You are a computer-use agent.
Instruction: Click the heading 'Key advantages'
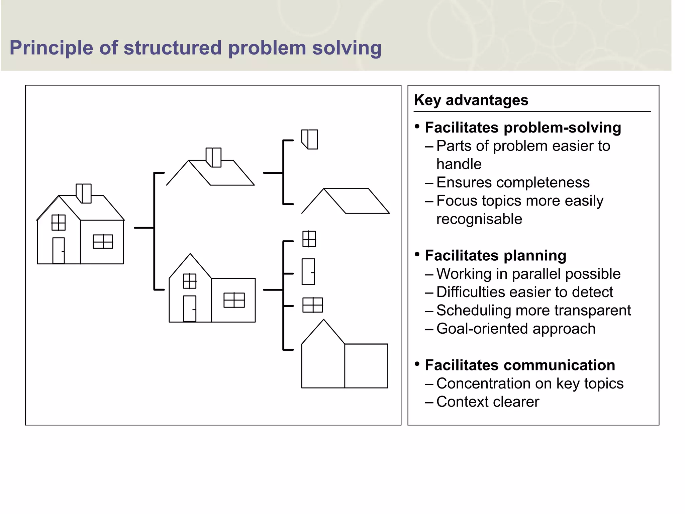tap(471, 100)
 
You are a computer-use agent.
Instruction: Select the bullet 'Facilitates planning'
tap(495, 256)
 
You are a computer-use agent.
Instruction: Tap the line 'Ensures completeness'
tap(513, 183)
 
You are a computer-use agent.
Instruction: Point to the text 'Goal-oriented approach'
tap(516, 329)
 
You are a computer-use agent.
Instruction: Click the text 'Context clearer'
tap(487, 402)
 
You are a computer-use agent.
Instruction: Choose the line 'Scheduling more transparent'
tap(533, 311)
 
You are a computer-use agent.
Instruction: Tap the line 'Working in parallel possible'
tap(528, 274)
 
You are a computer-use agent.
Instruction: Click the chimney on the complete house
tap(84, 193)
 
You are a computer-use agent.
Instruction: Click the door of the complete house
tap(59, 250)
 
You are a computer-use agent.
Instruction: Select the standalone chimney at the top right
tap(310, 139)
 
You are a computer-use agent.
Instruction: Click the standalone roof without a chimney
tap(346, 201)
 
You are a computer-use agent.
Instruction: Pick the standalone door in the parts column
tap(308, 271)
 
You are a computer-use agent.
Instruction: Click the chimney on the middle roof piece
tap(213, 157)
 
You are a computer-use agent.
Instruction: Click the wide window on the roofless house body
tap(234, 300)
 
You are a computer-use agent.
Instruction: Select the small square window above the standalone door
tap(309, 239)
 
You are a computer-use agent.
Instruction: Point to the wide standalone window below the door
tap(312, 305)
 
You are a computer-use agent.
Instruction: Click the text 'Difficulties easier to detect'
tap(524, 292)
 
